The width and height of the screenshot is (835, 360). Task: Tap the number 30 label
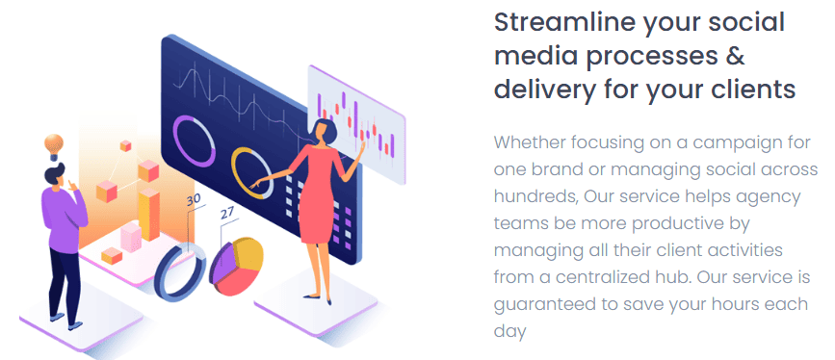(x=194, y=199)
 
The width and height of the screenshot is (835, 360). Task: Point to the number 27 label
(x=227, y=213)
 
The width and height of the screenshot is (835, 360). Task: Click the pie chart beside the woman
(x=237, y=267)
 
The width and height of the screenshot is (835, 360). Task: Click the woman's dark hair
(x=326, y=131)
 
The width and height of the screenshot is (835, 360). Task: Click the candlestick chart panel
(x=356, y=125)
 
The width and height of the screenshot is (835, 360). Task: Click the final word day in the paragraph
(x=509, y=332)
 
